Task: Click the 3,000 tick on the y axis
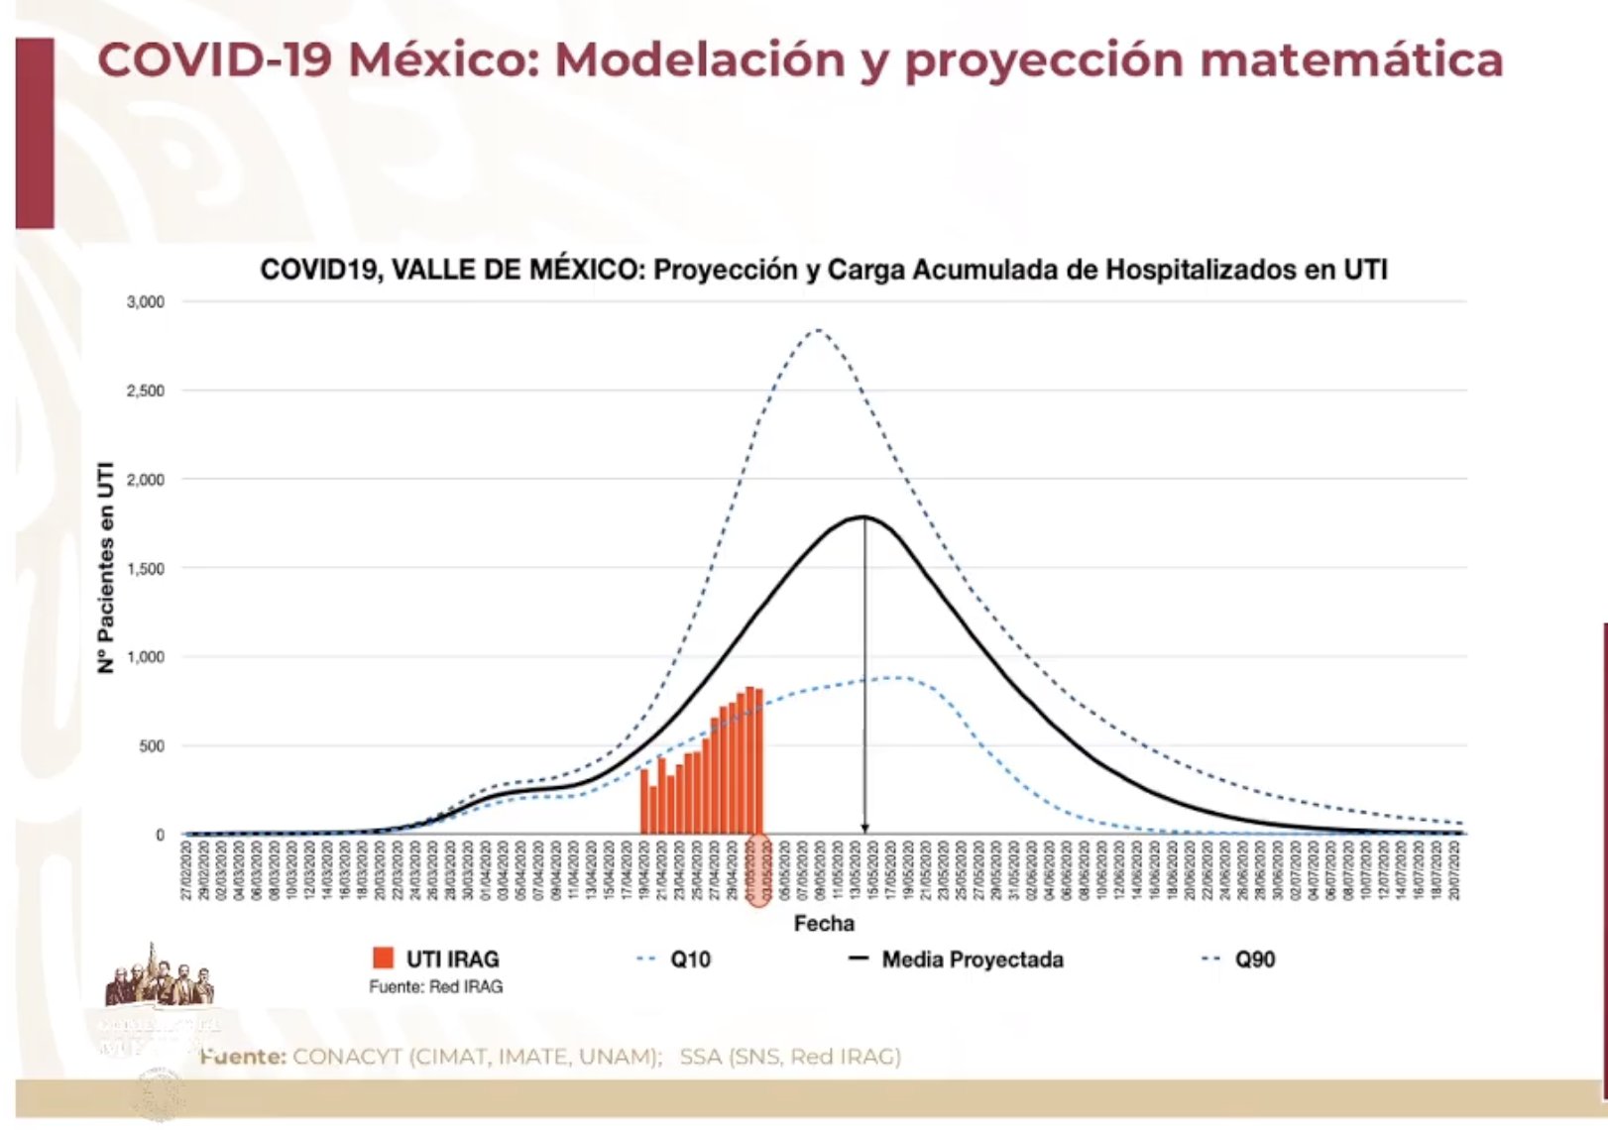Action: [x=145, y=301]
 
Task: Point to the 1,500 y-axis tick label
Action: [x=145, y=569]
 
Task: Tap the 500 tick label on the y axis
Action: [x=151, y=746]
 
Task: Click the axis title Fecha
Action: [x=823, y=924]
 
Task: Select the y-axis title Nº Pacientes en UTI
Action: [x=106, y=568]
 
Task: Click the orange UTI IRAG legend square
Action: [x=383, y=959]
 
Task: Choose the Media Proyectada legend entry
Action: [x=957, y=960]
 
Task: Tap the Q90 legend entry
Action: [x=1239, y=960]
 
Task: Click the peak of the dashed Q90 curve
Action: [x=817, y=330]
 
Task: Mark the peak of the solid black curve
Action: [x=864, y=516]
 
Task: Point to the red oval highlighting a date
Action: [x=758, y=869]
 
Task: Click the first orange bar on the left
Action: [x=644, y=801]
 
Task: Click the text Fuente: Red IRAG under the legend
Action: [x=435, y=987]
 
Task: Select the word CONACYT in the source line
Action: [x=347, y=1057]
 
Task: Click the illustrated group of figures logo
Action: [x=159, y=975]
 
